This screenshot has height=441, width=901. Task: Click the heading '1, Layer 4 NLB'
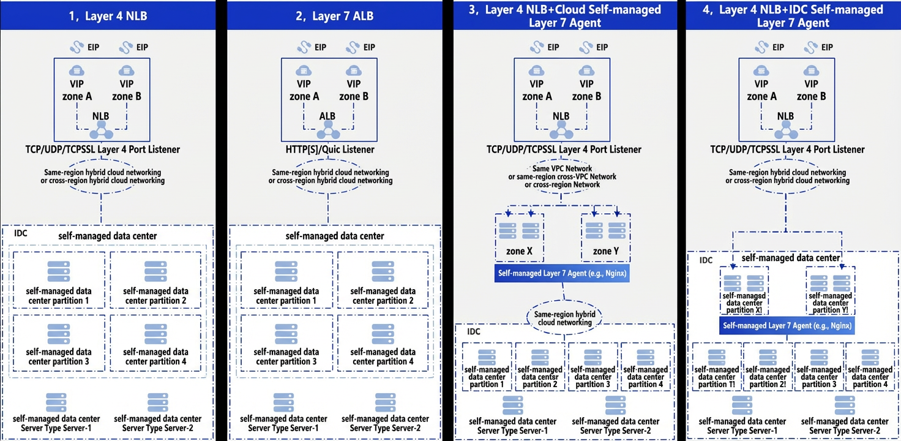pos(108,16)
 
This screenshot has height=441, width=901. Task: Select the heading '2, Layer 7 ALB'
pos(335,16)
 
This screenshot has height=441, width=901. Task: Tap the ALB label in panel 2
pos(327,116)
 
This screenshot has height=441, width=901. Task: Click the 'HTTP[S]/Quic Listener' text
pos(330,149)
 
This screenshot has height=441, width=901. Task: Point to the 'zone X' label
pos(519,251)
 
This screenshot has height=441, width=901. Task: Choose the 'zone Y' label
pos(605,251)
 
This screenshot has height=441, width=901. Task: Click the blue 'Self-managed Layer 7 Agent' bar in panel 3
pos(562,273)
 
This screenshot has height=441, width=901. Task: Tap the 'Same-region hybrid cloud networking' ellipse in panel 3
pos(565,318)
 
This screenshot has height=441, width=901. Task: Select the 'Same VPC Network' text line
pos(562,168)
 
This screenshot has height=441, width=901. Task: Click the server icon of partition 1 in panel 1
pos(59,271)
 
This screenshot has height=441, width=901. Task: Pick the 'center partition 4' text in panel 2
pos(383,361)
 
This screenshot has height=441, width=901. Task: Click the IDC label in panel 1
pos(21,233)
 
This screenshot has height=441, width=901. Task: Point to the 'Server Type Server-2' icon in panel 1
pos(158,403)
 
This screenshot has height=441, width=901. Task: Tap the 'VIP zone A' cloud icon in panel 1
pos(77,71)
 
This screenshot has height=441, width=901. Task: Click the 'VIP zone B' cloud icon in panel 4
pos(811,71)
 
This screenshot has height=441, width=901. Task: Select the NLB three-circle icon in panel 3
pos(561,130)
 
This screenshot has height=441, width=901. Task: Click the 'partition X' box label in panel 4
pos(744,303)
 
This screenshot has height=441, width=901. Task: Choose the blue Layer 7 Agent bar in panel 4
pos(787,325)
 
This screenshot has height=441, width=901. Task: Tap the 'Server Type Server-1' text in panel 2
pos(283,428)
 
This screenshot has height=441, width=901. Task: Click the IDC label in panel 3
pos(473,331)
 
